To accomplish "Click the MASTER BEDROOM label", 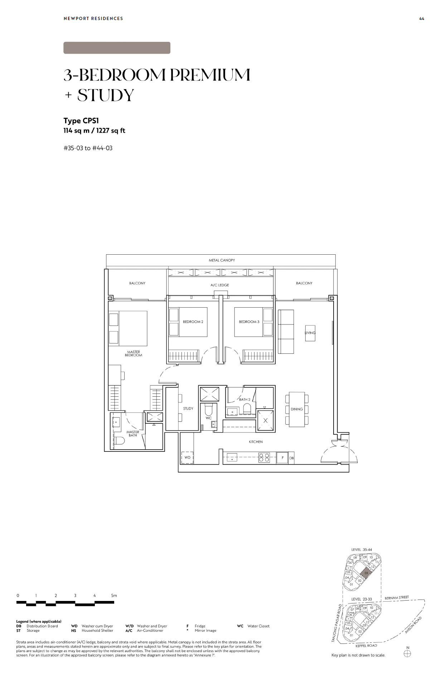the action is click(x=134, y=353).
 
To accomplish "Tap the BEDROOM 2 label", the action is click(x=193, y=322).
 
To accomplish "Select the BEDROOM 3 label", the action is click(x=249, y=322).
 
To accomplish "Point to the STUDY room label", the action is click(x=188, y=409).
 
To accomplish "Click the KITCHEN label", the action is click(x=256, y=442).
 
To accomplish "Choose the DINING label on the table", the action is click(x=297, y=409).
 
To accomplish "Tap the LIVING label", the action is click(x=310, y=333).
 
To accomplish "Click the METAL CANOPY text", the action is click(x=222, y=260).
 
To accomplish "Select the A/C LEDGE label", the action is click(x=220, y=285).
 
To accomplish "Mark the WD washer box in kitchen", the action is click(x=187, y=457).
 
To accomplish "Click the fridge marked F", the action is click(x=282, y=458).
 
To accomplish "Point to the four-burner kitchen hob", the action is click(x=264, y=458).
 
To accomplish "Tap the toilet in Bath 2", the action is click(x=247, y=409).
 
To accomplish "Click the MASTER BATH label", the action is click(x=133, y=434).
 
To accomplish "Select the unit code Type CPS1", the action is click(x=81, y=121).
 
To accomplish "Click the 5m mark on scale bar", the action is click(x=114, y=596).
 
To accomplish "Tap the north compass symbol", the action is click(x=407, y=654).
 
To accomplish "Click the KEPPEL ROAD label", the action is click(x=366, y=646).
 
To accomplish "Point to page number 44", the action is click(x=422, y=19).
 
